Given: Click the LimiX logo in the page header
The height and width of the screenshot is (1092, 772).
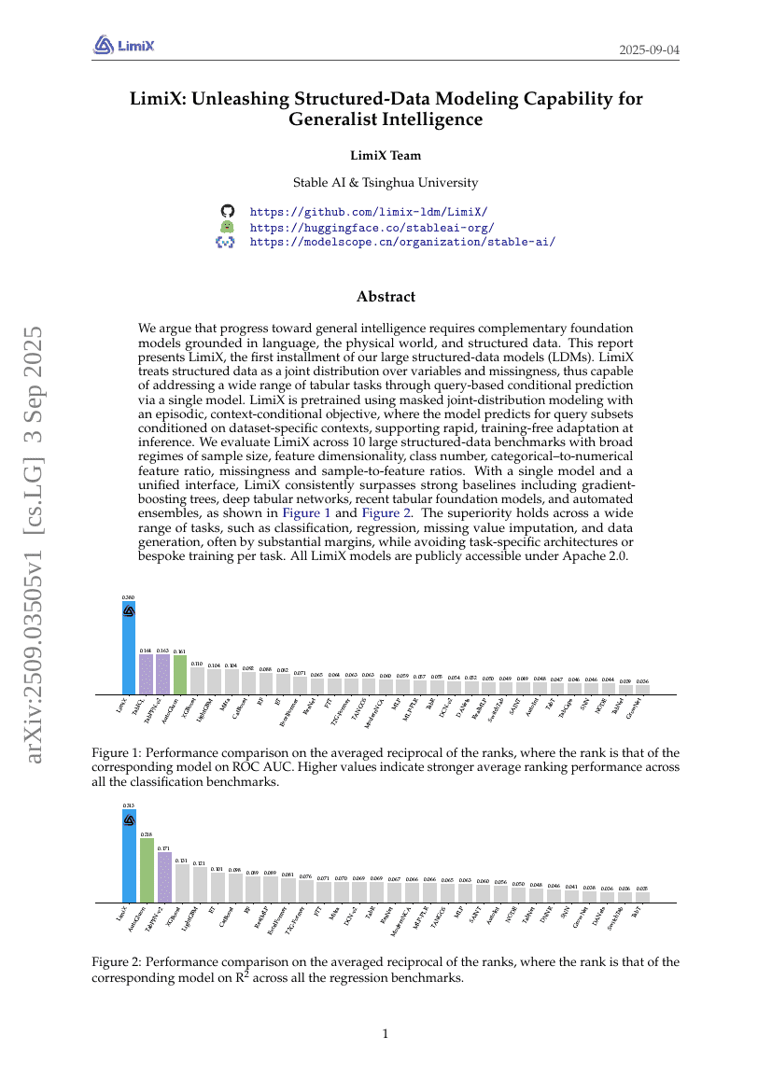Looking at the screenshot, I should pyautogui.click(x=123, y=44).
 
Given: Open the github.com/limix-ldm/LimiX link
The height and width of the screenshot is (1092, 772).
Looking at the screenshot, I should pyautogui.click(x=368, y=212).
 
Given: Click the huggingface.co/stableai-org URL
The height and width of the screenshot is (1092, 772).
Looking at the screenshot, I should pyautogui.click(x=372, y=227).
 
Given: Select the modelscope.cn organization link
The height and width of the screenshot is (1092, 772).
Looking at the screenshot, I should pyautogui.click(x=402, y=242).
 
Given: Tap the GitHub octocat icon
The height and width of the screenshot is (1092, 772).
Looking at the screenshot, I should pyautogui.click(x=226, y=212).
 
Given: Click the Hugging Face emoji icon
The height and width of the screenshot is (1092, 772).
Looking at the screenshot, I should pyautogui.click(x=226, y=227).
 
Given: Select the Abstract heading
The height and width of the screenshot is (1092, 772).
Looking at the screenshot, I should pyautogui.click(x=386, y=297).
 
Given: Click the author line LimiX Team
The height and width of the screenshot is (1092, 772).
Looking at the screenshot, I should pyautogui.click(x=386, y=156).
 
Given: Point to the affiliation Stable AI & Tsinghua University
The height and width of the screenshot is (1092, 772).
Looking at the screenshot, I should pyautogui.click(x=386, y=183).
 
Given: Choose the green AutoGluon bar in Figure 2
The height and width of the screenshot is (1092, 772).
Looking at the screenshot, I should pyautogui.click(x=147, y=870).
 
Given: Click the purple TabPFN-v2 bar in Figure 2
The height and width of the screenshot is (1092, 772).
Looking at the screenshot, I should pyautogui.click(x=164, y=877).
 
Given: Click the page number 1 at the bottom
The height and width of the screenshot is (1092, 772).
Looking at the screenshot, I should pyautogui.click(x=386, y=1033).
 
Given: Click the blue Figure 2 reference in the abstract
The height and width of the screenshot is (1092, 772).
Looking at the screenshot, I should pyautogui.click(x=382, y=512).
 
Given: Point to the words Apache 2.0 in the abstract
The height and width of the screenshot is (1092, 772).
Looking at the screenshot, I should pyautogui.click(x=603, y=556).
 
